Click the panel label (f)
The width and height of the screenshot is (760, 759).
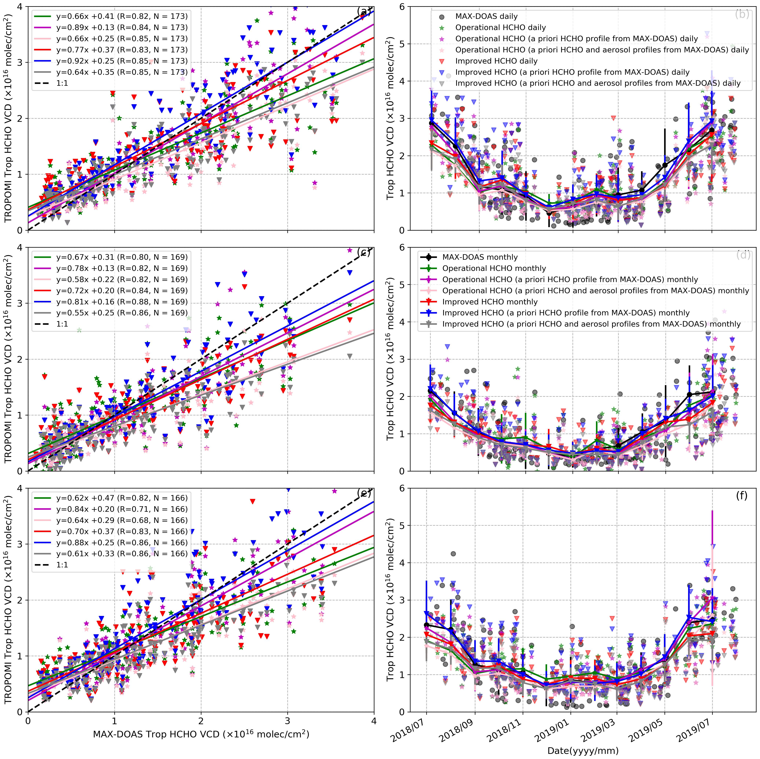click(x=741, y=496)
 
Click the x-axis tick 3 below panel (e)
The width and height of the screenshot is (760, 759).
click(x=288, y=721)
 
